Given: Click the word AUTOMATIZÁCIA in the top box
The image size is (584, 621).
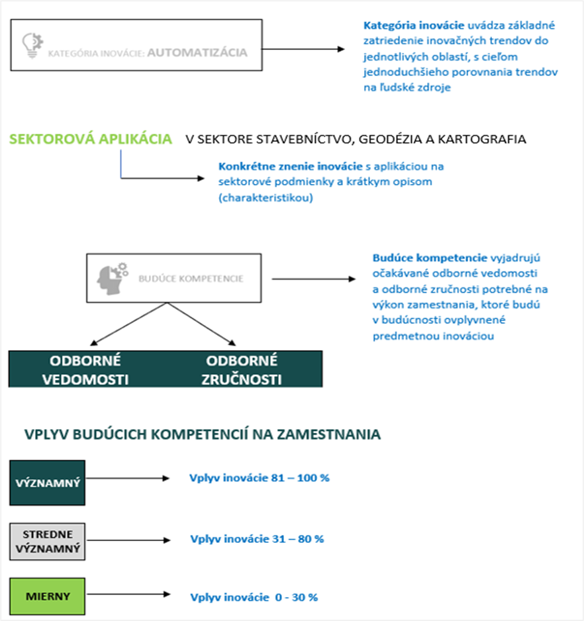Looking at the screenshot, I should pos(197,52).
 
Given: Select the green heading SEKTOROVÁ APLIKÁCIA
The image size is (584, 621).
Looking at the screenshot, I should pos(91,139).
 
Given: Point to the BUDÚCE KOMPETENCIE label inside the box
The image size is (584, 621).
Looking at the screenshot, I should pos(191,279).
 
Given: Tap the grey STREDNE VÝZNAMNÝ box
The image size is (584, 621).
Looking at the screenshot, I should pos(48,540).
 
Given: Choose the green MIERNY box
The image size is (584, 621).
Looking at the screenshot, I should pos(48,595).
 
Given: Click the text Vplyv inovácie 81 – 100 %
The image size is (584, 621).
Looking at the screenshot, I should pos(260,477).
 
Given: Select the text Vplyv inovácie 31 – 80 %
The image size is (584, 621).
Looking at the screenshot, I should pos(257,539).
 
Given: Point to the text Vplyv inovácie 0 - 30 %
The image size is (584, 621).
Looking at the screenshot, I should pos(254,597).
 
